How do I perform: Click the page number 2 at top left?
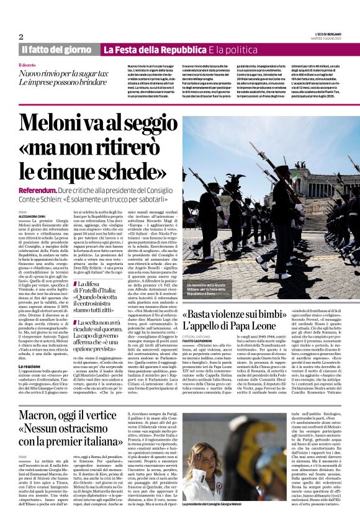point(21,37)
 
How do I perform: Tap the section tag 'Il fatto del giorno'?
point(57,50)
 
